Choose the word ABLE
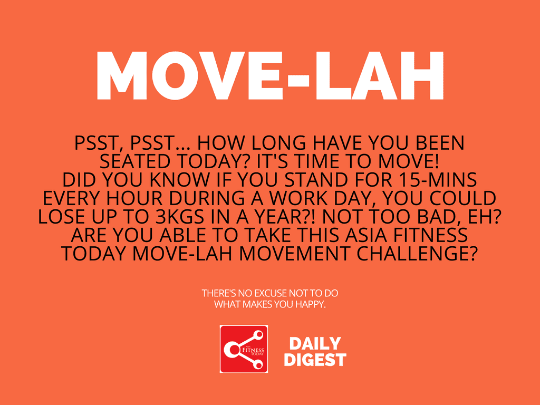click(x=182, y=235)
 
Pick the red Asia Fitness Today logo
click(x=244, y=349)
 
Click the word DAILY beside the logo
click(x=315, y=344)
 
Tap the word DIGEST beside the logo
click(x=315, y=360)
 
